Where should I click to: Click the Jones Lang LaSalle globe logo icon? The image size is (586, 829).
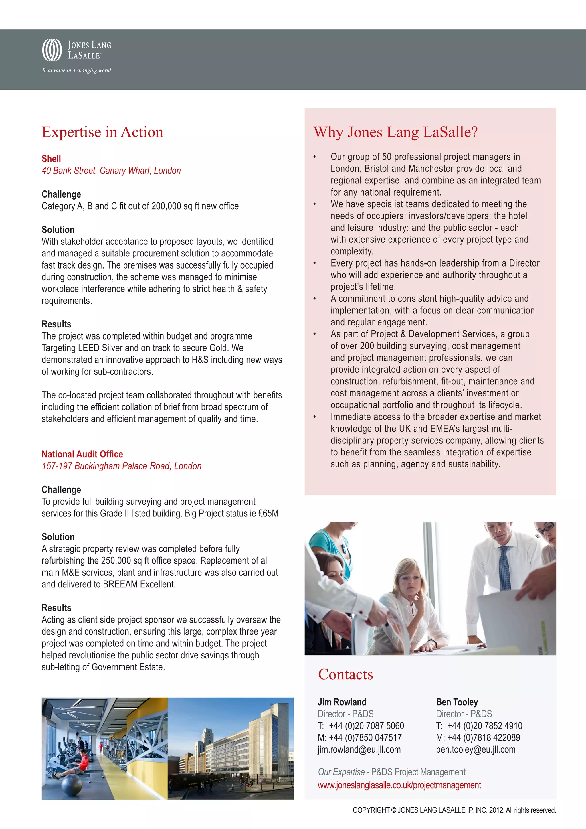pyautogui.click(x=52, y=50)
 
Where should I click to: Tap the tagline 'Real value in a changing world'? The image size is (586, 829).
pyautogui.click(x=76, y=70)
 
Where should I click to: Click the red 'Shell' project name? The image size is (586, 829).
pyautogui.click(x=51, y=159)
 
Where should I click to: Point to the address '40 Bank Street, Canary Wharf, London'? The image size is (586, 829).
pyautogui.click(x=111, y=171)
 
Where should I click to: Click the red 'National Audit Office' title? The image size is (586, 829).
pyautogui.click(x=82, y=454)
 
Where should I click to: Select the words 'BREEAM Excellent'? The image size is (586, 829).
pyautogui.click(x=139, y=584)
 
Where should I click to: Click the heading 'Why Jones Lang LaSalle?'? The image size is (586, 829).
pyautogui.click(x=395, y=132)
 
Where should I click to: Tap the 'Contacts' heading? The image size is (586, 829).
pyautogui.click(x=345, y=674)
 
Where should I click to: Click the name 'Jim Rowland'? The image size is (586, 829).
pyautogui.click(x=342, y=702)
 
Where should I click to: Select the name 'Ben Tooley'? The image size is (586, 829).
pyautogui.click(x=457, y=702)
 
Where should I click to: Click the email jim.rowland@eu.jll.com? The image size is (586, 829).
pyautogui.click(x=359, y=750)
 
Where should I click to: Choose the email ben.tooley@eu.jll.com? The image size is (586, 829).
pyautogui.click(x=476, y=750)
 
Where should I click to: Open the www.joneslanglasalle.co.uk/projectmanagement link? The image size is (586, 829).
pyautogui.click(x=399, y=785)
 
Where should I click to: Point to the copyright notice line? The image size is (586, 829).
pyautogui.click(x=454, y=810)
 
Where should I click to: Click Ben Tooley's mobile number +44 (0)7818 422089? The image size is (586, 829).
pyautogui.click(x=484, y=738)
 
